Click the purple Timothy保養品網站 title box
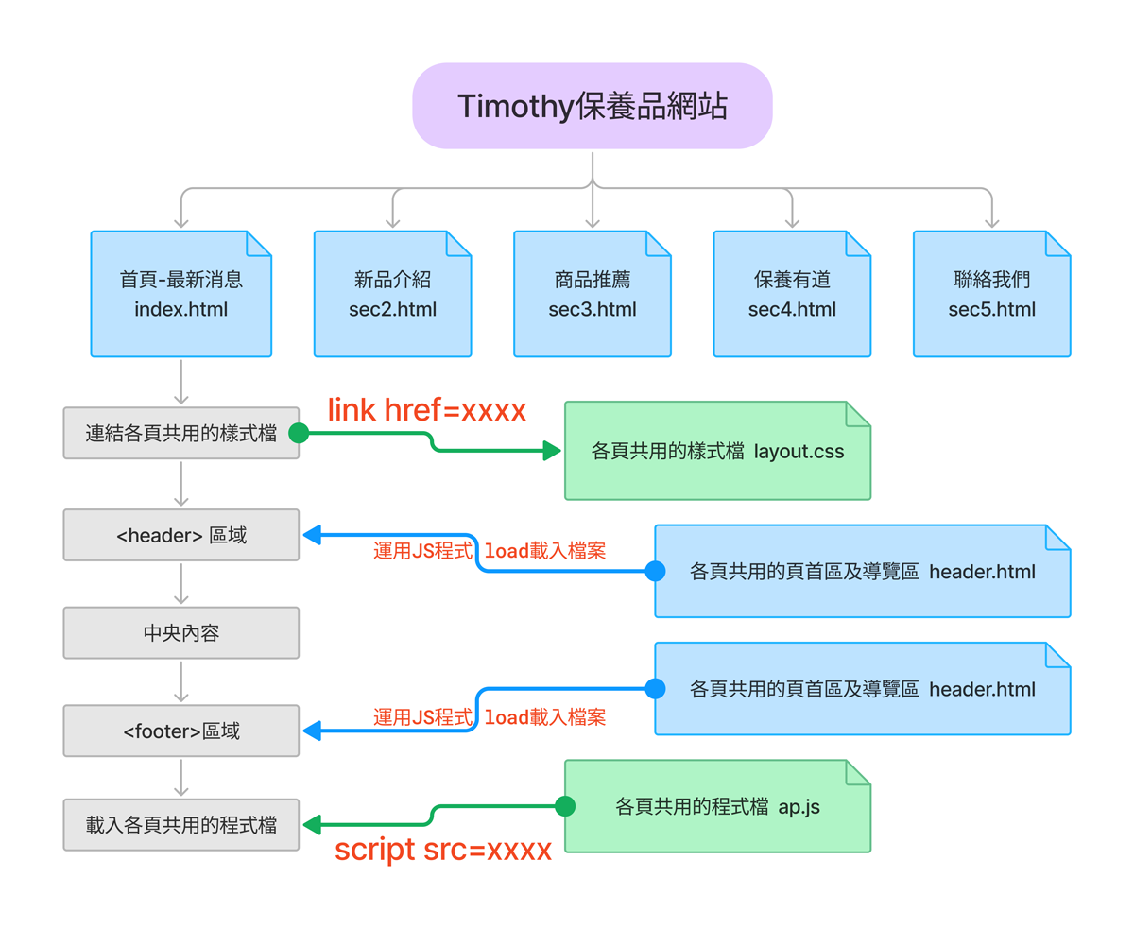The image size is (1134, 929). coord(593,106)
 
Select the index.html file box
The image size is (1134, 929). coord(180,294)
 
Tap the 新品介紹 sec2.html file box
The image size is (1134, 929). coord(392,294)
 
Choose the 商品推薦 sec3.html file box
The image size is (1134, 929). coord(593,294)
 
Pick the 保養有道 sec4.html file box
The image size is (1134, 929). coord(792,294)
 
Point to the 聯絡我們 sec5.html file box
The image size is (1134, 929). coord(991,294)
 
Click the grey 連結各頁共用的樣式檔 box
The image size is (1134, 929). coord(180,433)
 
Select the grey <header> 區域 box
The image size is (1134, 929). coord(180,535)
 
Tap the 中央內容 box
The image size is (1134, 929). coord(180,632)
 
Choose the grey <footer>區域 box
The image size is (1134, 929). coord(180,731)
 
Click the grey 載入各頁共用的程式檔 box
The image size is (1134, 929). coord(180,824)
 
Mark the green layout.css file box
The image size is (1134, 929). coord(717,451)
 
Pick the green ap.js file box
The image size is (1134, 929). coord(717,806)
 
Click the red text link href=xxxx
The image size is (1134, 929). coord(426,410)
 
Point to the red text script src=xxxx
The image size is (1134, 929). coord(443,850)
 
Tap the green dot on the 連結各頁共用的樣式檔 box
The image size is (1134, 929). coord(299,433)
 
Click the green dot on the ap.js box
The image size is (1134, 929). coord(565,806)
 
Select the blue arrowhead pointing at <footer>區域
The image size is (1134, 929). coord(312,731)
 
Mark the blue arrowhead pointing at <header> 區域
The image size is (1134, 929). coord(312,536)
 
